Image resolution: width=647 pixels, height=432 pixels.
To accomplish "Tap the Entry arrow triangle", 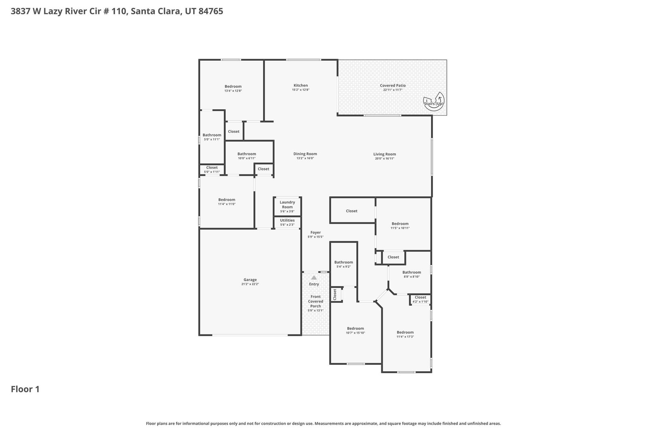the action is pyautogui.click(x=314, y=278).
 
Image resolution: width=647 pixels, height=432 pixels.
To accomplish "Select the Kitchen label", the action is pyautogui.click(x=301, y=85).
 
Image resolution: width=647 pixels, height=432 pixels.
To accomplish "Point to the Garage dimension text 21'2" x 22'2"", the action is pyautogui.click(x=250, y=284).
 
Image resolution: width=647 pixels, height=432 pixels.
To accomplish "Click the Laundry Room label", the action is pyautogui.click(x=288, y=204).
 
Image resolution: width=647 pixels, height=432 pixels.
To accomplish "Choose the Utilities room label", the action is pyautogui.click(x=288, y=220).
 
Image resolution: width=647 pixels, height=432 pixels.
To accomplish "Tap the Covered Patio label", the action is pyautogui.click(x=393, y=85).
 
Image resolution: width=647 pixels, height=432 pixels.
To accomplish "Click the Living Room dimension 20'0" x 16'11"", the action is pyautogui.click(x=385, y=158).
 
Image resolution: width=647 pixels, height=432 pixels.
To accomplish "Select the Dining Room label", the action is pyautogui.click(x=305, y=154).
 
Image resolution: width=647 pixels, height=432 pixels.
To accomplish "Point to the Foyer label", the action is pyautogui.click(x=316, y=232).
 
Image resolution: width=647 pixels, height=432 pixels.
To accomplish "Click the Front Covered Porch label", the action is pyautogui.click(x=316, y=301).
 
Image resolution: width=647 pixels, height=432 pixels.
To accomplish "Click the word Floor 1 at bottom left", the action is pyautogui.click(x=25, y=389).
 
